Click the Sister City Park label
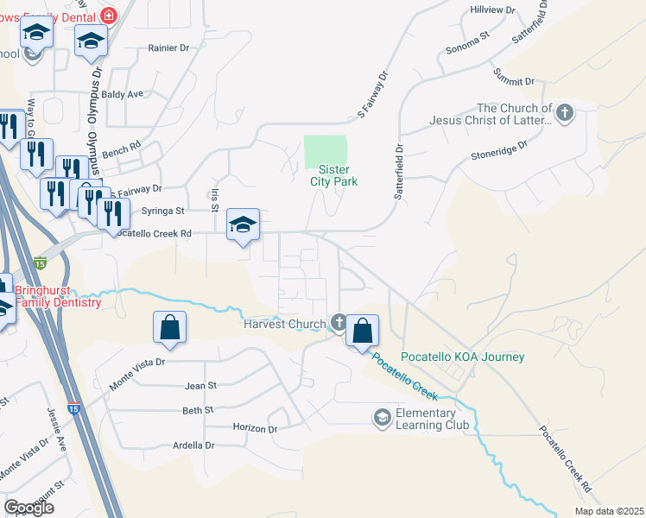[334, 175]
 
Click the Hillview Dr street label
[493, 9]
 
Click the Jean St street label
[199, 386]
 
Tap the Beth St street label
[198, 411]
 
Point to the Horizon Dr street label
[255, 427]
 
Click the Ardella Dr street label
[193, 445]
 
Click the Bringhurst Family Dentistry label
[58, 296]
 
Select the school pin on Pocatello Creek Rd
[244, 225]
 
